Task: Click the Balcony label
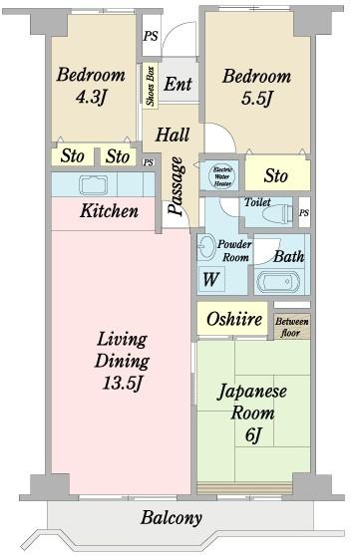point(172,518)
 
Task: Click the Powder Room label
point(235,250)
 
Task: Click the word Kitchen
point(110,212)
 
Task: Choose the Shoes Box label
point(150,86)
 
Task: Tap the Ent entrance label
point(179,85)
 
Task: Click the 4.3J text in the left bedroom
point(91,96)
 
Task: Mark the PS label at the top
point(151,36)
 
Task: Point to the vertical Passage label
point(177,186)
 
